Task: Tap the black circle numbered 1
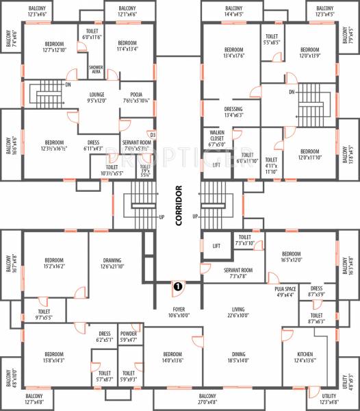tap(177, 288)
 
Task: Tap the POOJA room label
tap(132, 99)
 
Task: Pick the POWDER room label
tap(129, 336)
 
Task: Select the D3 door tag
tap(153, 135)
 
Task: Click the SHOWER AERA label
tap(96, 69)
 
